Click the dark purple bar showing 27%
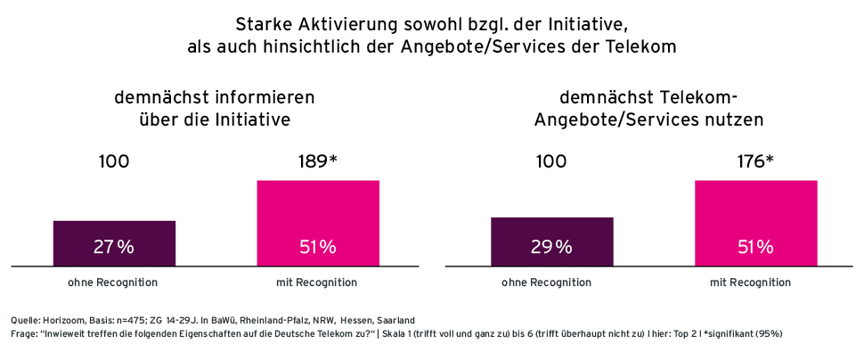(x=114, y=242)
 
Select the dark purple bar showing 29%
(x=551, y=241)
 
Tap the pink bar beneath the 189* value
(x=318, y=223)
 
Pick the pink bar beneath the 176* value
(x=755, y=223)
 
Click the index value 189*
(x=318, y=161)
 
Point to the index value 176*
(x=755, y=161)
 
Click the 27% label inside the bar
(x=114, y=248)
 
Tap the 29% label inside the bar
(x=551, y=248)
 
